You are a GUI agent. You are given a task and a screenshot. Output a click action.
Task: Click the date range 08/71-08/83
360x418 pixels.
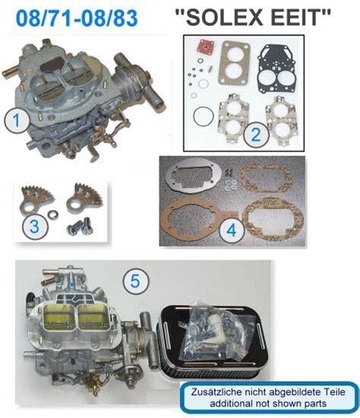coord(77,18)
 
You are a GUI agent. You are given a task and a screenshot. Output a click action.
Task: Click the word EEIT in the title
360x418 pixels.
coord(295,17)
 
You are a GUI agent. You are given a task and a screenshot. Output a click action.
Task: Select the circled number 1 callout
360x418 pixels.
coord(17,120)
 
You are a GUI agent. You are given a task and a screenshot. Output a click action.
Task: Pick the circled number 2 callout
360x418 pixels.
coord(256,134)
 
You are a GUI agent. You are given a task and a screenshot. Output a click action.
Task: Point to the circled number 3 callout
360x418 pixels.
coord(35,227)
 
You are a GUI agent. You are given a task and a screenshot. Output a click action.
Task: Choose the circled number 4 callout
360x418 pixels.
coord(231,230)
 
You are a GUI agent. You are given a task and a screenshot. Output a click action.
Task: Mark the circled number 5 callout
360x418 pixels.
coord(135,281)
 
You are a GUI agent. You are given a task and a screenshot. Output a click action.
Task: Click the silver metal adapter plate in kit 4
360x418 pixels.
coord(194,178)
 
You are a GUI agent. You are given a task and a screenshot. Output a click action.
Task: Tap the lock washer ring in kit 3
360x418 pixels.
coord(52,213)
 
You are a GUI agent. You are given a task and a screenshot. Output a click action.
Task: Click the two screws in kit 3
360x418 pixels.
coord(81,227)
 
